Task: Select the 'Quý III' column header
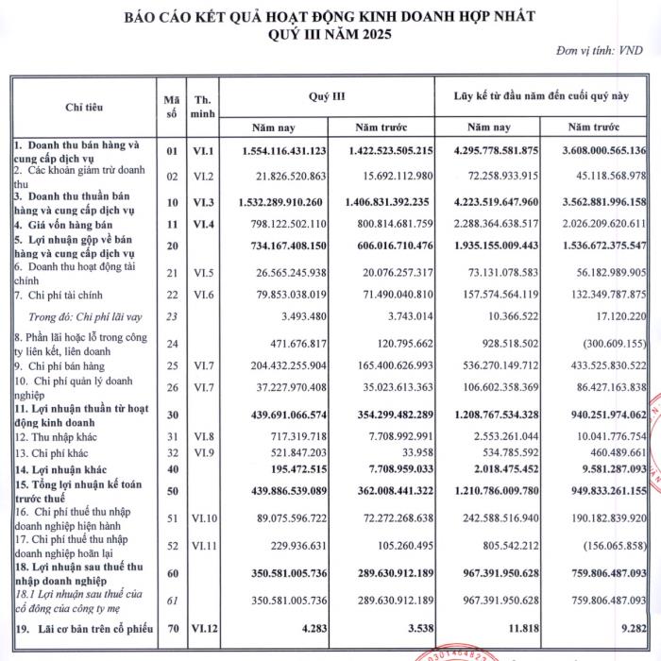[327, 96]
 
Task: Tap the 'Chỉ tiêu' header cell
[83, 107]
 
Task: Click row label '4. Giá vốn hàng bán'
[62, 223]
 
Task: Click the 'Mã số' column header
[171, 107]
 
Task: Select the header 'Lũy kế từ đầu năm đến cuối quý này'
[541, 96]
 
